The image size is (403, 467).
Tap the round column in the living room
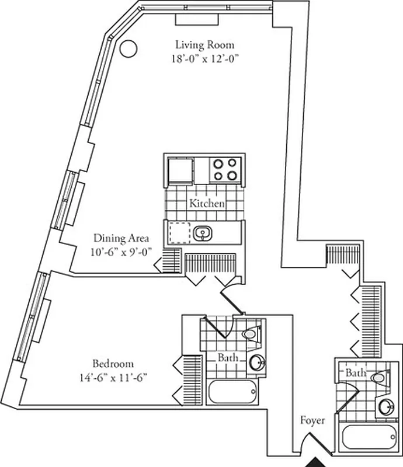click(128, 48)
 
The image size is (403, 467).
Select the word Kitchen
click(206, 204)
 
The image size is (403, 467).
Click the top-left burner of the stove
click(219, 163)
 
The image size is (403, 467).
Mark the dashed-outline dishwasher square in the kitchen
click(180, 232)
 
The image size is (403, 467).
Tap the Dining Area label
click(121, 238)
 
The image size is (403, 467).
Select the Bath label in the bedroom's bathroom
click(228, 357)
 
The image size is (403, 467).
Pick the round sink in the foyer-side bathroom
click(385, 407)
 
